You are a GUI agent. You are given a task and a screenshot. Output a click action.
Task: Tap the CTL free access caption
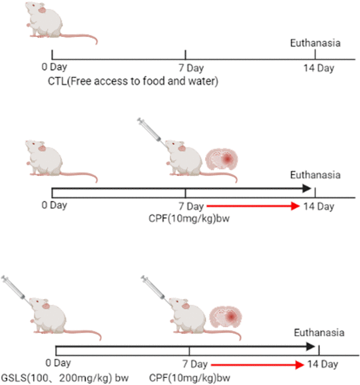click(133, 81)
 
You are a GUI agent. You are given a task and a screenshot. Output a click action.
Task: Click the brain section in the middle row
click(223, 160)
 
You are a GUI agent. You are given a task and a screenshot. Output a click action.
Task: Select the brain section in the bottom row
click(227, 317)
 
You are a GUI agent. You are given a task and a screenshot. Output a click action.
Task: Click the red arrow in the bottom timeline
click(257, 364)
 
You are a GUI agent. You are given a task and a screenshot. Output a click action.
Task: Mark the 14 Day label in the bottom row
click(321, 363)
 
